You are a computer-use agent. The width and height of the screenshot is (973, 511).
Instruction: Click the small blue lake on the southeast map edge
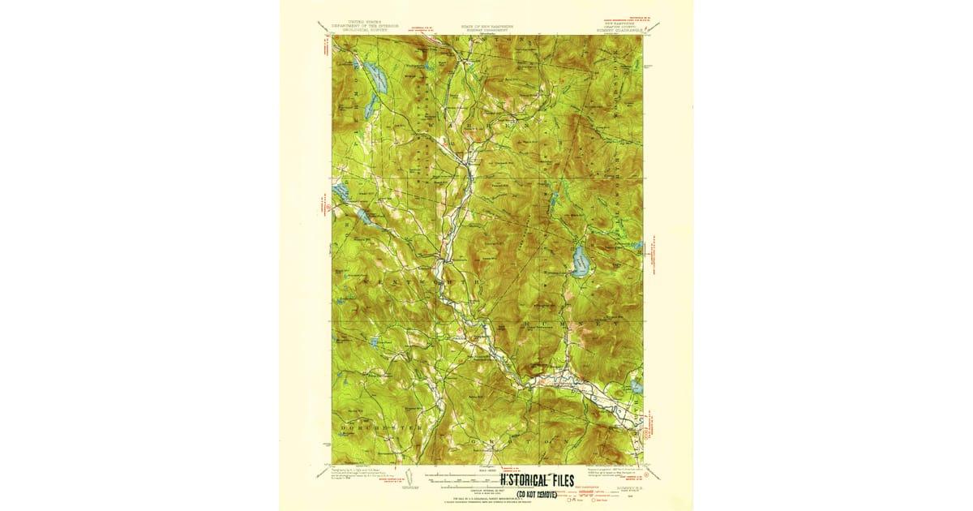(x=637, y=388)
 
